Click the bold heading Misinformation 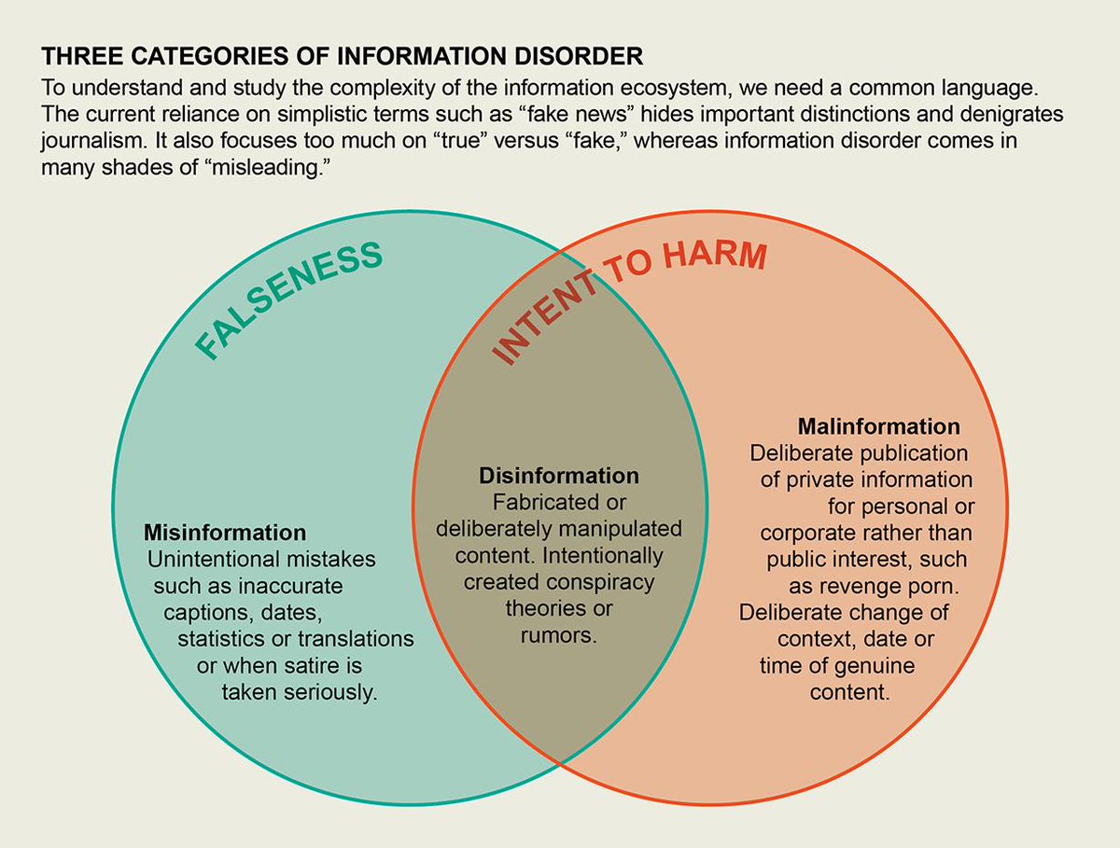225,533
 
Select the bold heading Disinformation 559,476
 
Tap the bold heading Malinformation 879,426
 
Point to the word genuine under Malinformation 874,666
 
